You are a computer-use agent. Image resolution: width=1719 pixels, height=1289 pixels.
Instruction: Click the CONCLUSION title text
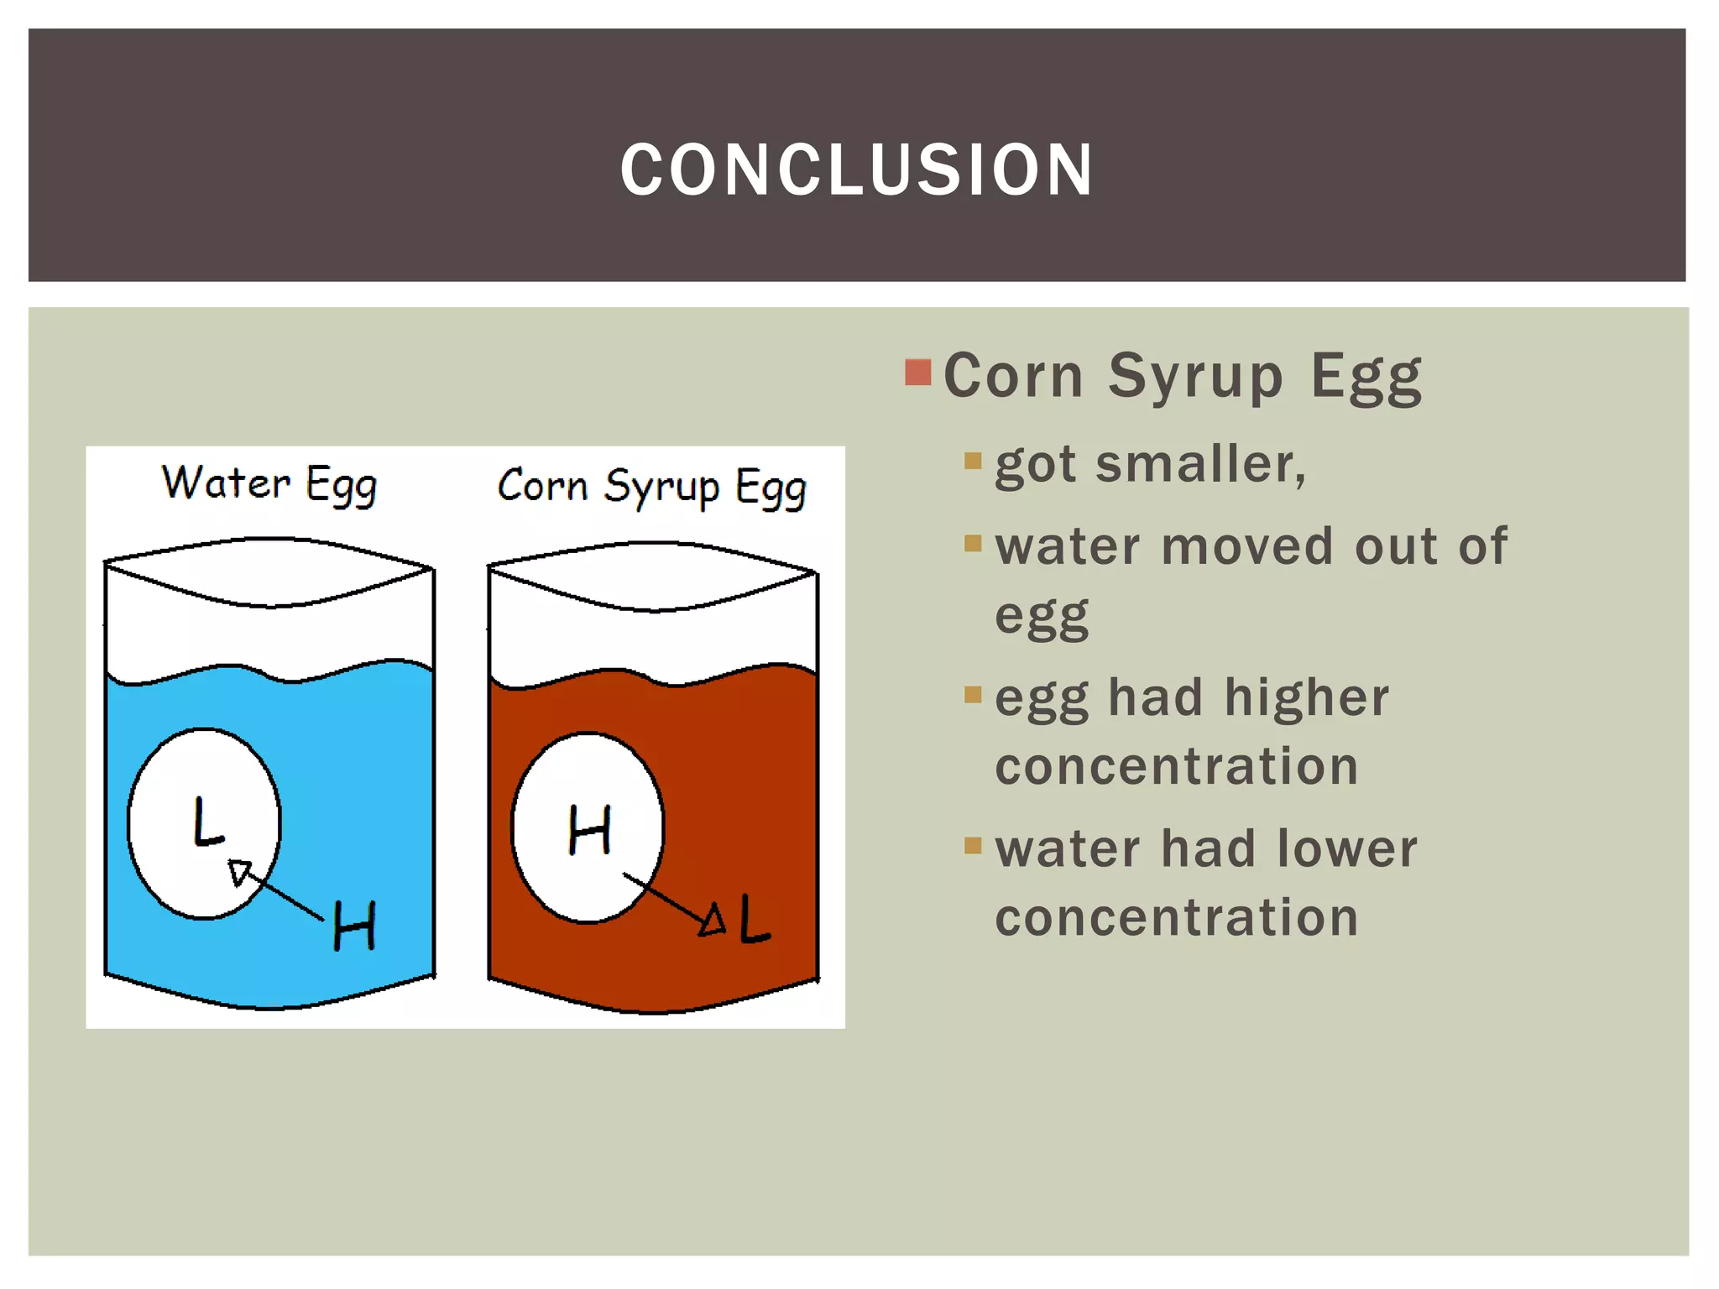(x=857, y=170)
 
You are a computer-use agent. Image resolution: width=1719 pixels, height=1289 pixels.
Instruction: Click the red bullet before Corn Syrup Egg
(x=918, y=372)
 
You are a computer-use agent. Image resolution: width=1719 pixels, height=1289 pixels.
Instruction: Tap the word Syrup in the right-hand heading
(x=1195, y=376)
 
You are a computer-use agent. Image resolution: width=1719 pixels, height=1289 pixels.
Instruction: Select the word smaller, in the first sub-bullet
(x=1200, y=464)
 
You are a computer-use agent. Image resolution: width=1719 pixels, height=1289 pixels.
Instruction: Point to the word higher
(x=1306, y=697)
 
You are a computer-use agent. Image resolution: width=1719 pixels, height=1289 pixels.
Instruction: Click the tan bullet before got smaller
(x=973, y=461)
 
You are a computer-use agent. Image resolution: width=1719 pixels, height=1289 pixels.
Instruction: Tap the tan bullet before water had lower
(x=973, y=845)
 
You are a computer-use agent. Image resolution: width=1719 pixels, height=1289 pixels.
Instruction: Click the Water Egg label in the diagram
(x=269, y=484)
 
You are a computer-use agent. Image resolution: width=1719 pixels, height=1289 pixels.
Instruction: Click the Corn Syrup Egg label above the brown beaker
(x=651, y=487)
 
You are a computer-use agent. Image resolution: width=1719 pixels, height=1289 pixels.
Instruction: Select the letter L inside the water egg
(x=207, y=822)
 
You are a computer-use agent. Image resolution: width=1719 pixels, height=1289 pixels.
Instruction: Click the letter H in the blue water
(x=354, y=926)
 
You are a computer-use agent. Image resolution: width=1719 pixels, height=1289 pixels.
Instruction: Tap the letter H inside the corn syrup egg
(x=589, y=830)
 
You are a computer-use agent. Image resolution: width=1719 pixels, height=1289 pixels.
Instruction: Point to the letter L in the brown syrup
(x=754, y=920)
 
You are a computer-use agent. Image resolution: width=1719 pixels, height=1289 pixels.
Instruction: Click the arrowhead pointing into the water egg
(x=240, y=872)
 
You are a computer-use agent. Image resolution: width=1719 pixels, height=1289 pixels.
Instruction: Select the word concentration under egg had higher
(x=1176, y=766)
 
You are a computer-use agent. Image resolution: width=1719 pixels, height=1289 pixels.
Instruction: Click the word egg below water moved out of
(x=1042, y=617)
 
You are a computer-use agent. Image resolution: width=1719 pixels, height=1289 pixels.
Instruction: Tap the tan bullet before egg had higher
(x=973, y=694)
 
